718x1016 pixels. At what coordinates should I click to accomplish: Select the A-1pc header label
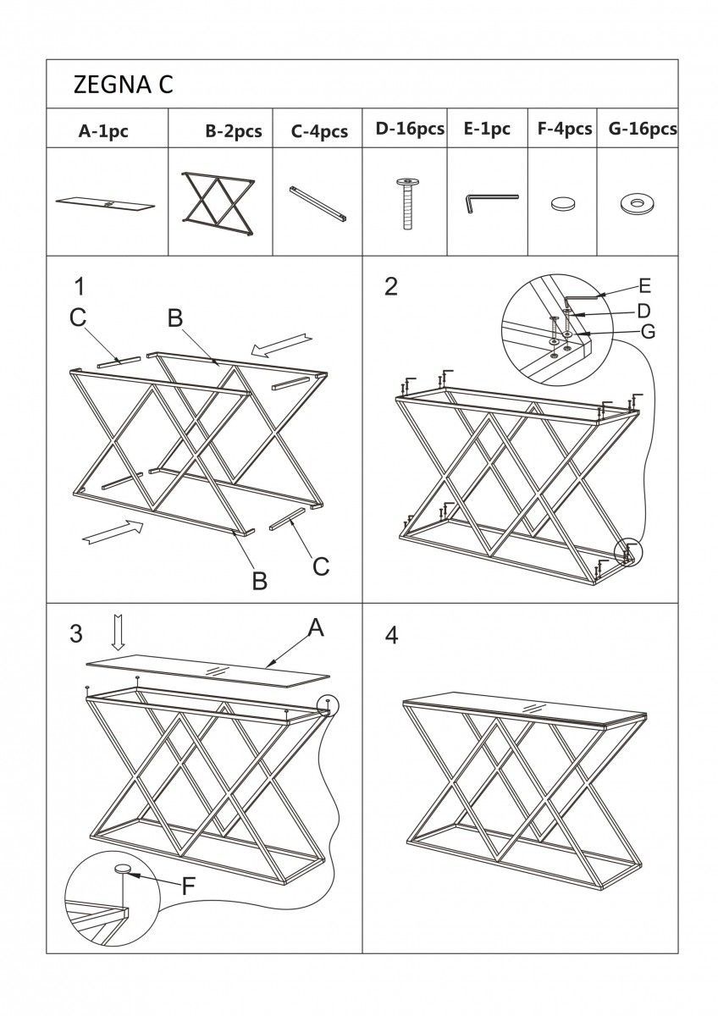point(103,130)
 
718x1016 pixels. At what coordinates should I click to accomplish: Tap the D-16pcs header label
point(410,130)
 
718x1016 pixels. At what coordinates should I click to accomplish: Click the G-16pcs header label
point(642,130)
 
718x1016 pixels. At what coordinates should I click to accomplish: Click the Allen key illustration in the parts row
point(490,202)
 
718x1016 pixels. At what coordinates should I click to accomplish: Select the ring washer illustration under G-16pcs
point(634,203)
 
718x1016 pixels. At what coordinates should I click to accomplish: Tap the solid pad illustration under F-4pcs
point(561,204)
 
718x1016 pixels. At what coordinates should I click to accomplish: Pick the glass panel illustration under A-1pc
point(107,203)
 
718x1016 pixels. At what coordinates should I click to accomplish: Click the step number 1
point(79,285)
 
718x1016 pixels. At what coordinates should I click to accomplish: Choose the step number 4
point(391,635)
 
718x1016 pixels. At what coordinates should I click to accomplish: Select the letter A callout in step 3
point(315,627)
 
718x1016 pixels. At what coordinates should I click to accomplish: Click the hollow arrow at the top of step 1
point(283,342)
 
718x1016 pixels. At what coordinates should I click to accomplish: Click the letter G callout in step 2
point(648,331)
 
